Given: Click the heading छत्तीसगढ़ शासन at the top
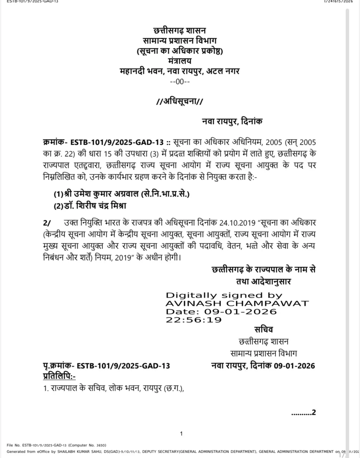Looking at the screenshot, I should click(180, 31).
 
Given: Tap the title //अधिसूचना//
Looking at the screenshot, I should click(180, 101).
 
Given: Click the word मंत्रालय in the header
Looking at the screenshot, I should click(180, 61).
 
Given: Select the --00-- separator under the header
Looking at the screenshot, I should click(180, 81).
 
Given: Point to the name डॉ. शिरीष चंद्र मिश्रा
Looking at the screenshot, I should click(102, 206).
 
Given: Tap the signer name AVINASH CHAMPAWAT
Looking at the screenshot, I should click(237, 303).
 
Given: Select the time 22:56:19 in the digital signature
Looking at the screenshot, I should click(194, 320).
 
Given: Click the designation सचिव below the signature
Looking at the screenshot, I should click(264, 330).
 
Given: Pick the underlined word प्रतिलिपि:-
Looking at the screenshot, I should click(59, 376).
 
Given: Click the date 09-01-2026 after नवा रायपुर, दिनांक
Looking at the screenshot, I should click(294, 366).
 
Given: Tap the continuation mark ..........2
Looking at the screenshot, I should click(303, 413).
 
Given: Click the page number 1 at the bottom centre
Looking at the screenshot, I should click(181, 434).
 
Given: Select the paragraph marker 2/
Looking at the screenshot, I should click(47, 223).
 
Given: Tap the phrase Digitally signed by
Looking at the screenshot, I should click(224, 295).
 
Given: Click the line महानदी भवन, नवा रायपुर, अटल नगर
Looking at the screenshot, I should click(180, 71).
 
